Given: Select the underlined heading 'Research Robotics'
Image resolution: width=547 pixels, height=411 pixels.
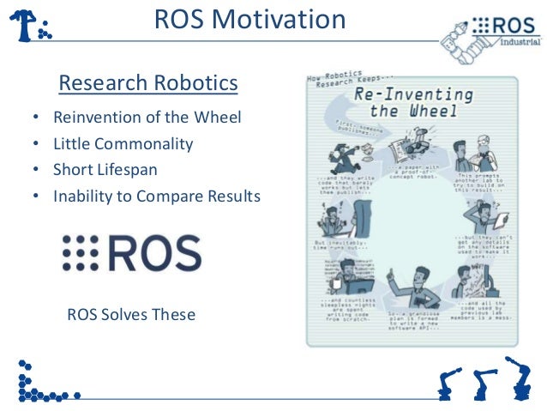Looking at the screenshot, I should (x=147, y=84).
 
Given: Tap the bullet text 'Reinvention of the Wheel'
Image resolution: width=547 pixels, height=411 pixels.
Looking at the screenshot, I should (x=147, y=117).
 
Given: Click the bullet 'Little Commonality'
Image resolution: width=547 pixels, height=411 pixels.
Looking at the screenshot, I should (x=123, y=143).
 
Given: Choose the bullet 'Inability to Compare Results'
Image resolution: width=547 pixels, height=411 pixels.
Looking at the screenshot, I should (x=156, y=196).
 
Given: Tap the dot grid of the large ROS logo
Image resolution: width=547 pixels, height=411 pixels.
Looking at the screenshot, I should (x=81, y=253).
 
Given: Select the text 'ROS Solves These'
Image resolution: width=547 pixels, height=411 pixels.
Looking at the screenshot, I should (x=130, y=315).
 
